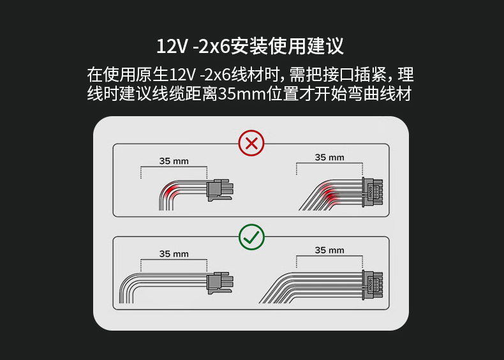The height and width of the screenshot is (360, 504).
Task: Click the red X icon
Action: [251, 143]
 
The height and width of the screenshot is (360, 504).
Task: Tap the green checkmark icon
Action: [251, 237]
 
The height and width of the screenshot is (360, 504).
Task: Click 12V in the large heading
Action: [172, 47]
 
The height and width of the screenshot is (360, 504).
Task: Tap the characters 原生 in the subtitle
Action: [152, 75]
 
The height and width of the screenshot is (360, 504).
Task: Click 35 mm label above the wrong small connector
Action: [174, 161]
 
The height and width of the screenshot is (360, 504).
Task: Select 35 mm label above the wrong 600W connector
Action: [329, 157]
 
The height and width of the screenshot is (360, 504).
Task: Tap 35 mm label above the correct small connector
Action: [174, 254]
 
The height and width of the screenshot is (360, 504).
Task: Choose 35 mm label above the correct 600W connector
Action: [329, 250]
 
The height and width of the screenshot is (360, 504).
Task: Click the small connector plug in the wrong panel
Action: [220, 190]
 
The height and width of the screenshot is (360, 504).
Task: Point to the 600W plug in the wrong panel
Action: [372, 192]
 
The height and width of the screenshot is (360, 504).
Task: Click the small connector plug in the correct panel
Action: [220, 283]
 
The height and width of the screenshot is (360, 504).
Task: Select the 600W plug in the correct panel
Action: [372, 285]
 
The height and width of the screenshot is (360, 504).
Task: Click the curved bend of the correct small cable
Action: [126, 283]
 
